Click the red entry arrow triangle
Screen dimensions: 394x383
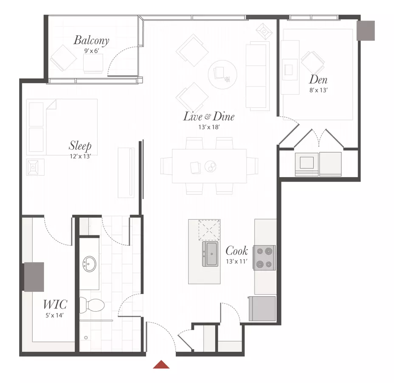pos(161,365)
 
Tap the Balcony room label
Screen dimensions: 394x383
pos(91,40)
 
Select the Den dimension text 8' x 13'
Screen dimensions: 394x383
pos(318,90)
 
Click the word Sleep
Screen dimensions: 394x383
pos(80,146)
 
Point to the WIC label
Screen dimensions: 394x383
pos(55,304)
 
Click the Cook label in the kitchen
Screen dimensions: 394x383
pos(237,251)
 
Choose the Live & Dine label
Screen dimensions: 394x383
pos(209,116)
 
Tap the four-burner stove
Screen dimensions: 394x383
pos(265,257)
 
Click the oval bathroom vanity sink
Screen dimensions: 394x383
pos(89,264)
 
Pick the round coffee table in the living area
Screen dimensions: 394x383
pos(222,74)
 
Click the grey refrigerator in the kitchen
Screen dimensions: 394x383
pos(262,309)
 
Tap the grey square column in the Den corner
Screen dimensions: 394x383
pos(366,31)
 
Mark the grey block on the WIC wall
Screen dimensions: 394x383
pos(34,277)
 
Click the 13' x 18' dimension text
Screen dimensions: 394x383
pos(209,127)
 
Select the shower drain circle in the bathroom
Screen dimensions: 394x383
pos(86,337)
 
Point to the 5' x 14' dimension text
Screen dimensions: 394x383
pos(54,315)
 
